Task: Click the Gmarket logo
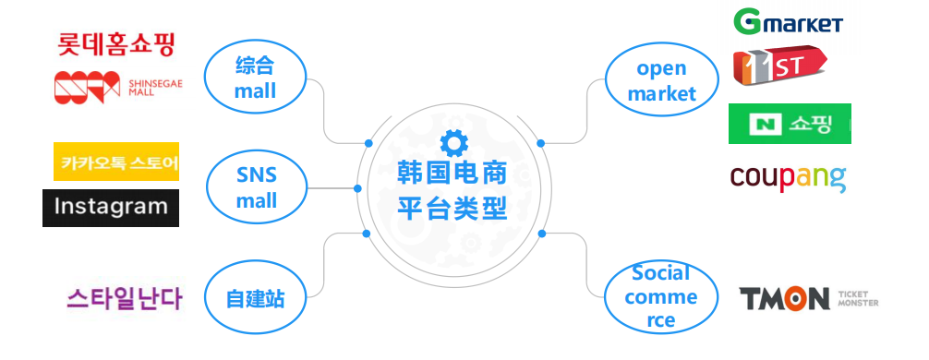788,21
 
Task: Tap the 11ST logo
778,67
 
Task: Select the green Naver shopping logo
790,124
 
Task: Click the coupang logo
788,177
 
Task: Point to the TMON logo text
785,298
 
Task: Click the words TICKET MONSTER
858,298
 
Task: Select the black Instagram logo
111,208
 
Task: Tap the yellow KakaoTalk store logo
116,162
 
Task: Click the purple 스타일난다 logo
125,298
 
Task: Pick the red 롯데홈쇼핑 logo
116,43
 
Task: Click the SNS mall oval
256,188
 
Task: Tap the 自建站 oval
255,298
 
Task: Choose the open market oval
661,80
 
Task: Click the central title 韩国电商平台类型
453,190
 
